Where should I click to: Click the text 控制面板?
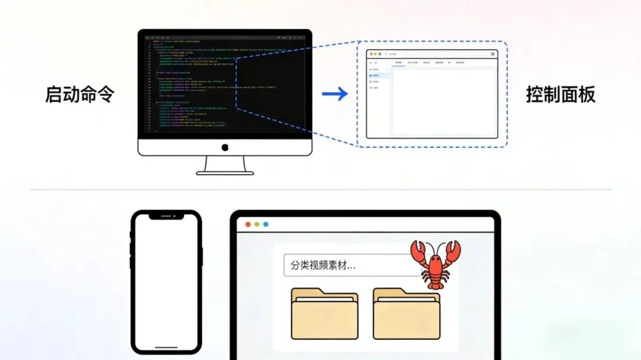click(x=560, y=95)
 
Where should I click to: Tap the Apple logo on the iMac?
click(x=225, y=147)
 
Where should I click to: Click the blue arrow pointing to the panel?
click(x=335, y=94)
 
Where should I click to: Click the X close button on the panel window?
click(x=492, y=54)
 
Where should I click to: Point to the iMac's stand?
click(x=225, y=165)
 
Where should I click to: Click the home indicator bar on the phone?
click(x=166, y=348)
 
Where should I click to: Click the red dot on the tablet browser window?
click(x=248, y=225)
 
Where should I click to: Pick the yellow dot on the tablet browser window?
click(x=257, y=225)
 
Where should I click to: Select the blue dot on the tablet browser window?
click(x=266, y=225)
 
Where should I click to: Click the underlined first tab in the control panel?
click(x=398, y=62)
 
